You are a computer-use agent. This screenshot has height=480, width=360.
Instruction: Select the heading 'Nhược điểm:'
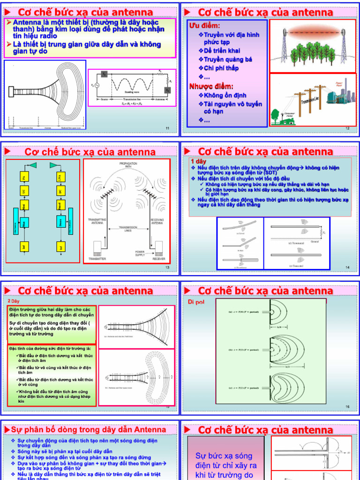click(x=211, y=86)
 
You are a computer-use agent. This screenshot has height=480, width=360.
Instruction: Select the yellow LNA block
click(x=60, y=177)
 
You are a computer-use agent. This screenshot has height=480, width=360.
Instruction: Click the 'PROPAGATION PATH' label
click(x=128, y=165)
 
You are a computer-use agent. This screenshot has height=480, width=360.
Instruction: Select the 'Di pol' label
click(x=196, y=301)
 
